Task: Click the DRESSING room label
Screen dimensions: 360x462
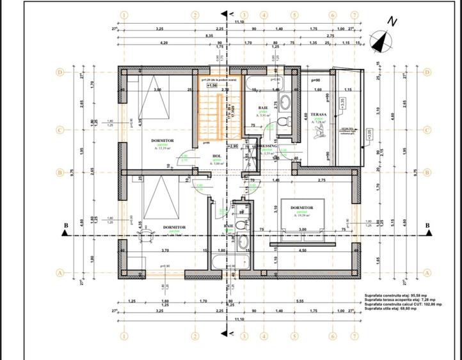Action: [268, 146]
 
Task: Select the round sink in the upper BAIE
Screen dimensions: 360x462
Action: [286, 102]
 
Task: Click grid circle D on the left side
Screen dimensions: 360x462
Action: [60, 72]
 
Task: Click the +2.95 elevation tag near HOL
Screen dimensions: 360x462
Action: [233, 146]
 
